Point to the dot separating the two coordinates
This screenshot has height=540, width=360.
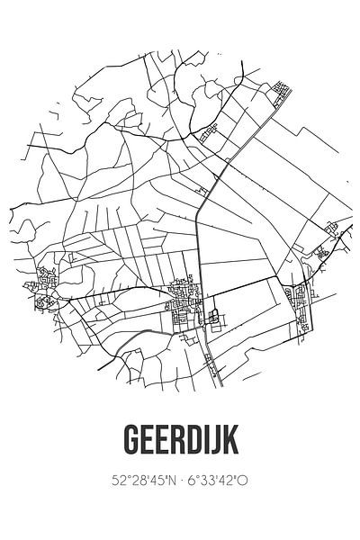(x=179, y=481)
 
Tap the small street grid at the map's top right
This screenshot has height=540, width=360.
(x=282, y=89)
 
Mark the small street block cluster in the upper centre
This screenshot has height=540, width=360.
(x=210, y=132)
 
